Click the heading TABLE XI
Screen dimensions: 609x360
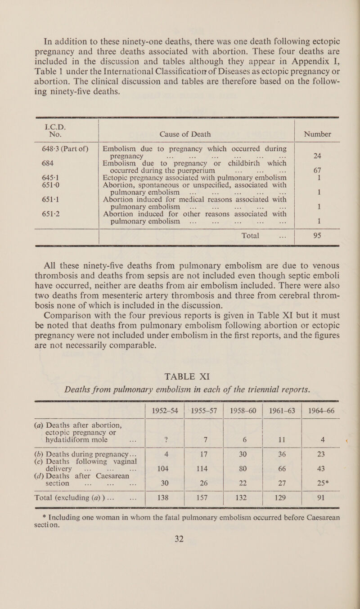click(180, 349)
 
